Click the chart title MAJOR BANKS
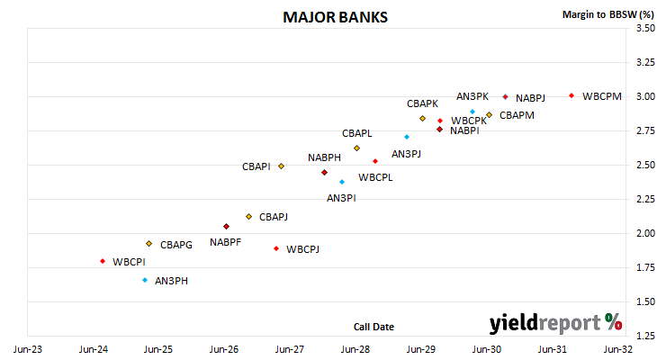click(335, 17)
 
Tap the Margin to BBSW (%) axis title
click(608, 14)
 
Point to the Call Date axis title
click(373, 327)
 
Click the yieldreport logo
click(555, 323)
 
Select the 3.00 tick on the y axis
click(645, 96)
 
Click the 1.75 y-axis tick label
click(645, 267)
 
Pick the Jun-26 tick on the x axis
click(224, 349)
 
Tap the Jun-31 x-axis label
click(553, 349)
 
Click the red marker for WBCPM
click(571, 95)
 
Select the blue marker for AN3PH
click(145, 280)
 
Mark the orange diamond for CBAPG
click(148, 244)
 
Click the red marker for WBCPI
click(103, 261)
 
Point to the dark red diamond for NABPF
click(226, 226)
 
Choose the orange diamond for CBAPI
click(281, 166)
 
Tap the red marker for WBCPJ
click(276, 248)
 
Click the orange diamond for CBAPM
click(489, 115)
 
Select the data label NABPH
click(324, 157)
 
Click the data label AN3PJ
click(406, 154)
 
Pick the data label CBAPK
click(422, 103)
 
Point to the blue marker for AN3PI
click(342, 182)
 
